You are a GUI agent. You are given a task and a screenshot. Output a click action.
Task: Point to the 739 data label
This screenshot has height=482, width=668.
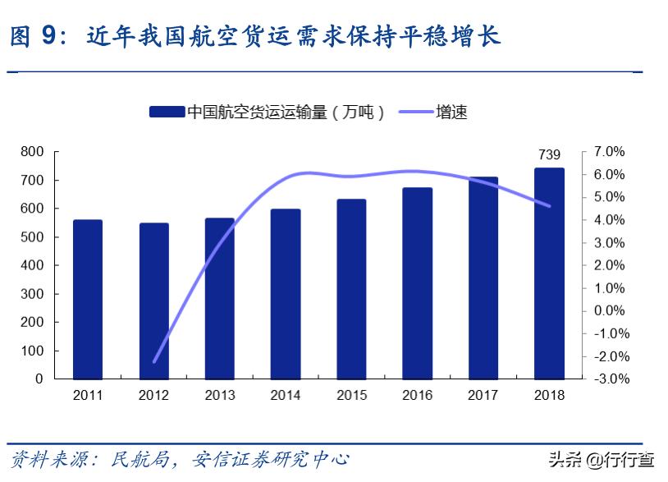(549, 154)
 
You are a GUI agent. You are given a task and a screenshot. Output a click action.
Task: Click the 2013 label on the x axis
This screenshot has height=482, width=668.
(219, 396)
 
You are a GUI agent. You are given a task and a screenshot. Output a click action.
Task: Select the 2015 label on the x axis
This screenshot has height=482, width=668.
(351, 396)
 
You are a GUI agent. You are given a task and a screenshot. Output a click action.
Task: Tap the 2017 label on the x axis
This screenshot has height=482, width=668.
(483, 396)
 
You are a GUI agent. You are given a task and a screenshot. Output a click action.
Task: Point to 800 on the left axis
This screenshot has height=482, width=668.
(32, 152)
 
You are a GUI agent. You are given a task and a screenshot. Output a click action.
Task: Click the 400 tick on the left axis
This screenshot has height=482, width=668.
(32, 265)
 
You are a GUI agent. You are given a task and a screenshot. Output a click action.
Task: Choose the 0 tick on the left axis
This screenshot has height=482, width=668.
(39, 379)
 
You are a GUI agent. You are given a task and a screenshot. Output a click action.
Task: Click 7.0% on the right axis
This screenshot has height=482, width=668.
(609, 152)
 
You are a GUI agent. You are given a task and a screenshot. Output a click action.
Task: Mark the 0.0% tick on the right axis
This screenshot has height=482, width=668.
(609, 311)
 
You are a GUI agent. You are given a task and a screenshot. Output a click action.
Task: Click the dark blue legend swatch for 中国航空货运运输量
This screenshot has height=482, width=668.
(167, 112)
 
